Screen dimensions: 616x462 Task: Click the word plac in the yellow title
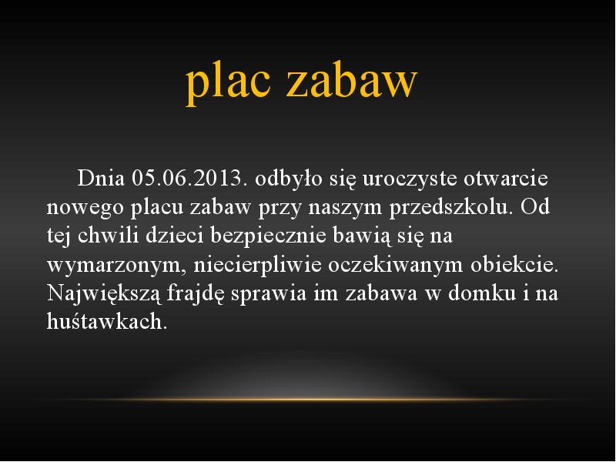click(x=228, y=82)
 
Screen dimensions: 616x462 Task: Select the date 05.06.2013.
click(x=190, y=178)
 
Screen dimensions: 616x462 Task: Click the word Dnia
click(x=101, y=178)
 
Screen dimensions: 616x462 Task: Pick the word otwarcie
click(x=506, y=179)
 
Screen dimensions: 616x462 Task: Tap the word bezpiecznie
click(x=268, y=236)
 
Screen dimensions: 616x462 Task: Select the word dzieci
click(x=175, y=236)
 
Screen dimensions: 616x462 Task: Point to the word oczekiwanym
click(x=396, y=266)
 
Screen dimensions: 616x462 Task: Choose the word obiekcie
click(x=514, y=264)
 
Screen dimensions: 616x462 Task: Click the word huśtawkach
click(x=107, y=321)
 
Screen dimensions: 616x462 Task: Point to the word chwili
click(x=108, y=236)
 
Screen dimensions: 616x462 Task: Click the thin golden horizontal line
click(x=308, y=400)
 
